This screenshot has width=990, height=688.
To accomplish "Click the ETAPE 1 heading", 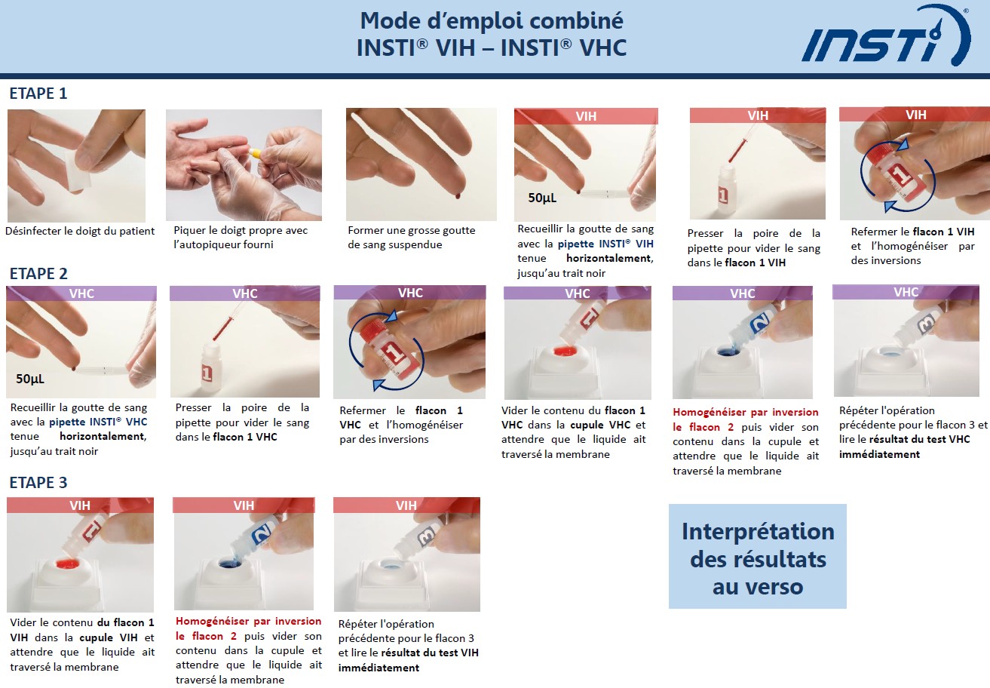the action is coord(38,94).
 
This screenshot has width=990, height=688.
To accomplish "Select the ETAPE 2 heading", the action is coord(38,274).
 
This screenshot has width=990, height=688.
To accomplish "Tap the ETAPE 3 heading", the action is coord(38,482).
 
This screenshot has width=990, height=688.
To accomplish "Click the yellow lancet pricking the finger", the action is coord(255,153).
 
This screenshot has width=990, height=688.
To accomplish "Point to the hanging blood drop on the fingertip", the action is coord(458,195).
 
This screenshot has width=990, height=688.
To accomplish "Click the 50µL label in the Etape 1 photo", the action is coord(542,198).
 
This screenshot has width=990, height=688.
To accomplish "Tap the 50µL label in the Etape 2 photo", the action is coord(30,379).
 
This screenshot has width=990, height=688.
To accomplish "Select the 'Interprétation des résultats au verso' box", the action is coord(758,556).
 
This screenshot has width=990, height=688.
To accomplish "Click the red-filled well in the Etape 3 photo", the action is coord(68,564).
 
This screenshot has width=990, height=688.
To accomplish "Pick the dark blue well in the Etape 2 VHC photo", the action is coord(728,352).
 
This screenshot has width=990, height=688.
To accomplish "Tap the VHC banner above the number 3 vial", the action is coord(906,292).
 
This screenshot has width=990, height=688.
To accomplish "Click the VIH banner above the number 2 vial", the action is coord(244,505).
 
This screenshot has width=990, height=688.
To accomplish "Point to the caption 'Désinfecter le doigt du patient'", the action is coord(80,231).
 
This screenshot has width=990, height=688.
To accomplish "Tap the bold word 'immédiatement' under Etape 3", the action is coord(379,668).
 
